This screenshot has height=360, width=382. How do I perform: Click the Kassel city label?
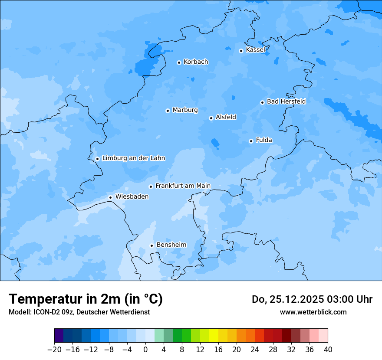coord(255,50)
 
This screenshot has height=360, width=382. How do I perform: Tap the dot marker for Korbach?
coord(179,62)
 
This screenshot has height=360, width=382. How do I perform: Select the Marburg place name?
coord(185,110)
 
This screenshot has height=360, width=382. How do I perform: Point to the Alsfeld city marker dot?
coord(211,118)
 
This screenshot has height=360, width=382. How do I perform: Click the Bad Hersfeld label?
coord(286,101)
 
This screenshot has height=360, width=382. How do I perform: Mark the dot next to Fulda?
coord(251,141)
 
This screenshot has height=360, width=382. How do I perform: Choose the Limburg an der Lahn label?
coord(133,158)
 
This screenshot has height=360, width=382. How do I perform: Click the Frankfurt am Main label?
coord(183,186)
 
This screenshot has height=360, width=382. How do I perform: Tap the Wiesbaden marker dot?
coord(110,197)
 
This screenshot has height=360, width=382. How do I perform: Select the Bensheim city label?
coord(171,245)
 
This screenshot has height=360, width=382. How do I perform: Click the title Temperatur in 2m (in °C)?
coord(86,299)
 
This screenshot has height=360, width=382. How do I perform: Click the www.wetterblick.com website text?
coord(313,312)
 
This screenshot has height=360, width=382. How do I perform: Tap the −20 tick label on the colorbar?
coord(54,350)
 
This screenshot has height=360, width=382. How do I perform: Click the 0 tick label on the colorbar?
coord(145,350)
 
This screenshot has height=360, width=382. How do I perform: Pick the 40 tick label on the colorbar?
coord(328,350)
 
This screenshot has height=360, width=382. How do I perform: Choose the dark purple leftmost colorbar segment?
coord(59,336)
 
